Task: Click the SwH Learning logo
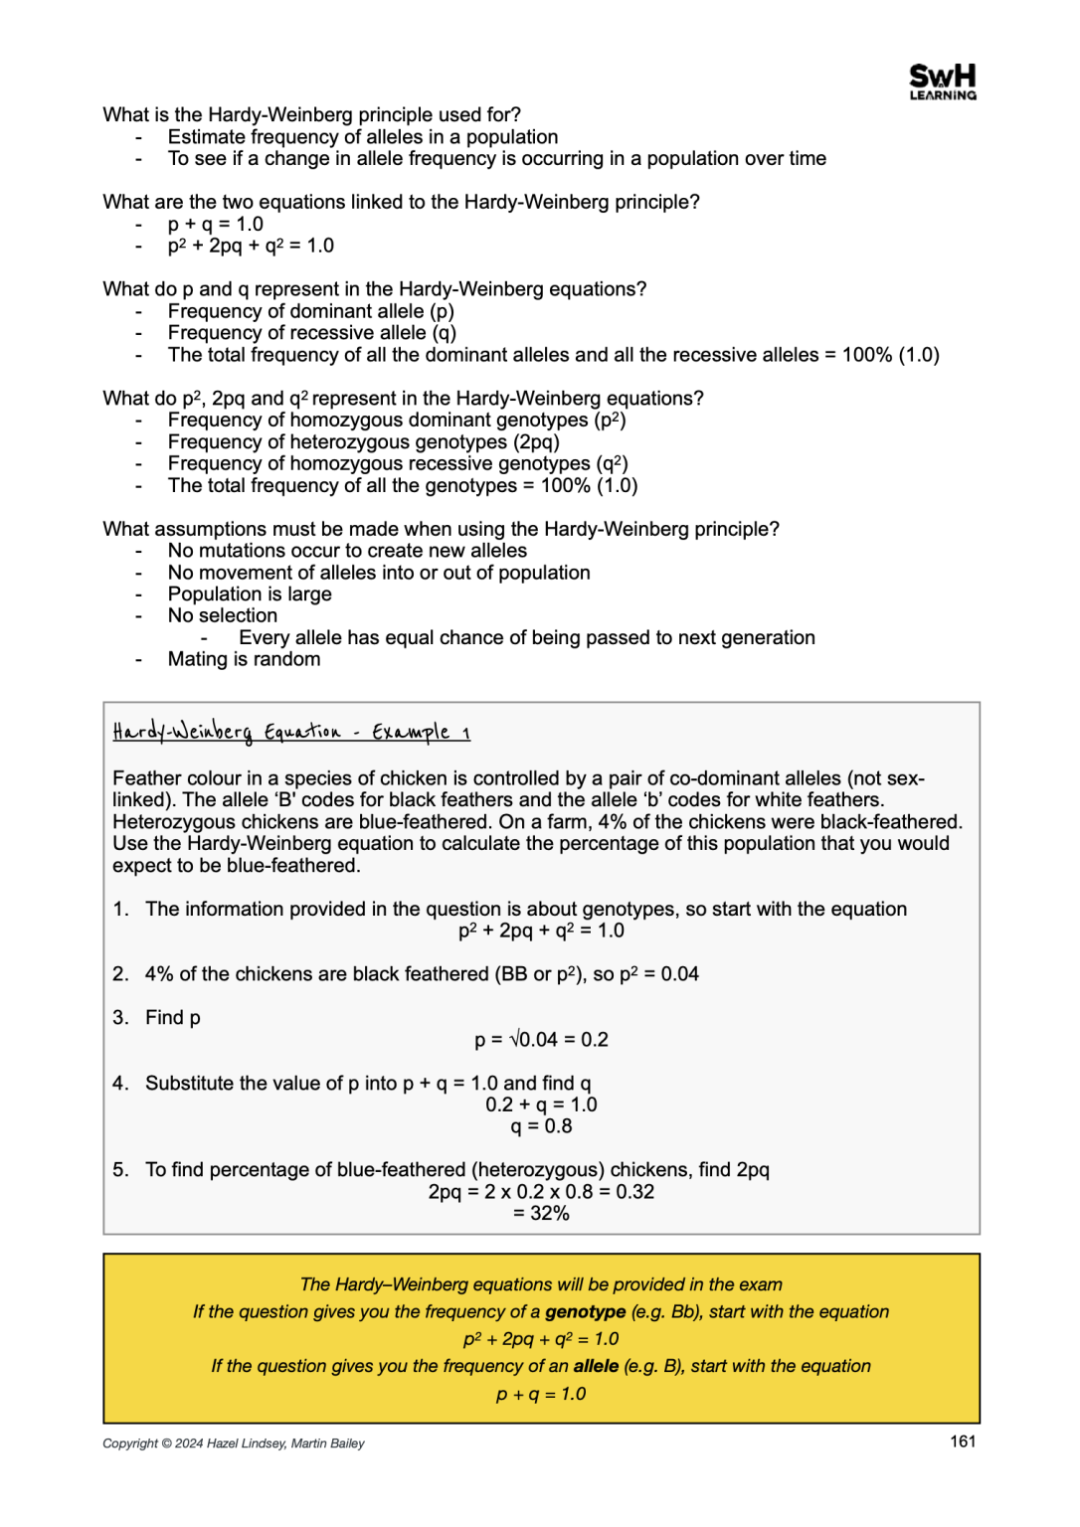[x=942, y=82]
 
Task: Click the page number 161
[x=962, y=1442]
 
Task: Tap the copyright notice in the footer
[x=234, y=1443]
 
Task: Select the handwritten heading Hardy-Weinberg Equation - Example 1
[x=291, y=733]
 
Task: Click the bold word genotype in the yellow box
[x=585, y=1311]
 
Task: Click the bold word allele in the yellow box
[x=596, y=1366]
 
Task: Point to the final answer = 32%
[x=541, y=1213]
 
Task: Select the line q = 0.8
[x=541, y=1126]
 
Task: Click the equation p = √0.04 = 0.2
[x=541, y=1040]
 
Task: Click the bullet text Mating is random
[x=244, y=659]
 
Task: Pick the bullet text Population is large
[x=250, y=594]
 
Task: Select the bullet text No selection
[x=223, y=616]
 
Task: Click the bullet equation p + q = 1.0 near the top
[x=216, y=225]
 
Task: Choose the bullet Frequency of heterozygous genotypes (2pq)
[x=363, y=442]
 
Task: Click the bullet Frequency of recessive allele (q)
[x=311, y=333]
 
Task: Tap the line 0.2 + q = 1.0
[x=541, y=1104]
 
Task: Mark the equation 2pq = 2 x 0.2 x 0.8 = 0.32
[x=541, y=1192]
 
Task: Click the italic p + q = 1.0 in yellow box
[x=541, y=1394]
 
